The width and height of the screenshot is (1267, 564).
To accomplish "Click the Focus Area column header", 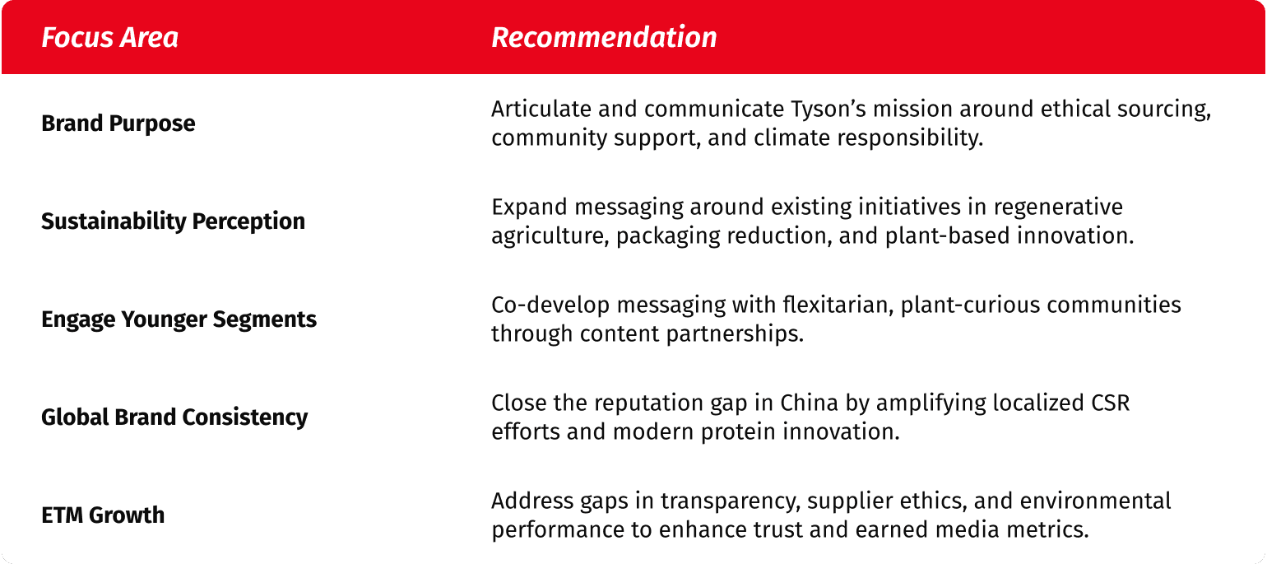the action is coord(109,37).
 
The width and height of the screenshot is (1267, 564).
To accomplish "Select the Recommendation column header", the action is coord(604,37).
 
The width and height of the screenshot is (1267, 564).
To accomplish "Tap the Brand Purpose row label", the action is coord(118,124).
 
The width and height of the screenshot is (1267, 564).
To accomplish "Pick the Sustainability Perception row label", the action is coord(173,221).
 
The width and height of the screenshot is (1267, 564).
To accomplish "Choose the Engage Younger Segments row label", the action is coord(179,319).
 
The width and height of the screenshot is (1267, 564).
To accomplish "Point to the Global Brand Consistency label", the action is coord(174,417).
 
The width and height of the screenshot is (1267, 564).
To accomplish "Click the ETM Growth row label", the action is coord(103,515).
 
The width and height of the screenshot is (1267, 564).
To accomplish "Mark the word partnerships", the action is coord(735,334).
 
